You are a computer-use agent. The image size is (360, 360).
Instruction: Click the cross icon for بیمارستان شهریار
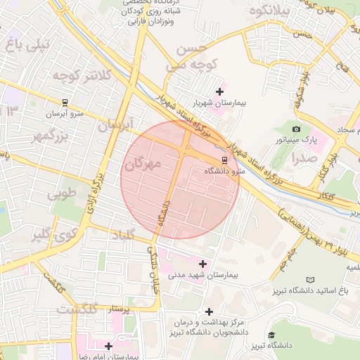click(x=220, y=91)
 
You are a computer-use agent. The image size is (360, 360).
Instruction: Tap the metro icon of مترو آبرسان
click(x=65, y=102)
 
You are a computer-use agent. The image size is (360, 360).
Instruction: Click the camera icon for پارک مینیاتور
click(x=296, y=129)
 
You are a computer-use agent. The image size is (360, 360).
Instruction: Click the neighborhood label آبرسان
click(x=115, y=126)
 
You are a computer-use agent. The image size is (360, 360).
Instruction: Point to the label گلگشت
click(x=75, y=309)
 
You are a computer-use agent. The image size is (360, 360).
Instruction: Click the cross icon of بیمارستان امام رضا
click(x=108, y=346)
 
